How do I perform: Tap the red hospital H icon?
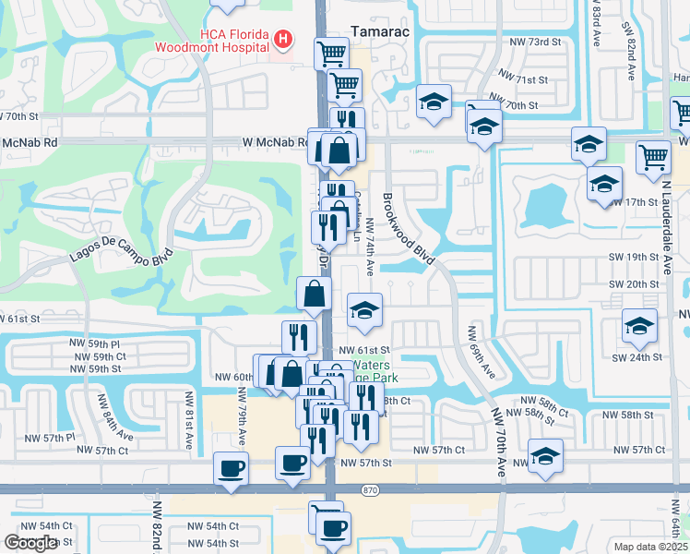pos(284,40)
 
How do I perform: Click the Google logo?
pos(30,543)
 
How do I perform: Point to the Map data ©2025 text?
pos(651,547)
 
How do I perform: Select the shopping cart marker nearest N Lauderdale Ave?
pos(653,157)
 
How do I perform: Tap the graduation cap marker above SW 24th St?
pos(639,324)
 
